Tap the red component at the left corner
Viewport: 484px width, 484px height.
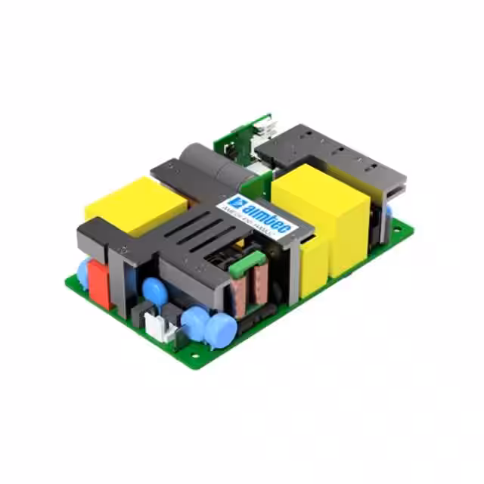[99, 284]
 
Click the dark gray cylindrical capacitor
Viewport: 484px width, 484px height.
[216, 167]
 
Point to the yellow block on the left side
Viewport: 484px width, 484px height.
[136, 205]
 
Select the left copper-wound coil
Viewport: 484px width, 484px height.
[240, 291]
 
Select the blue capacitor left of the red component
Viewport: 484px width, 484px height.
[82, 269]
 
